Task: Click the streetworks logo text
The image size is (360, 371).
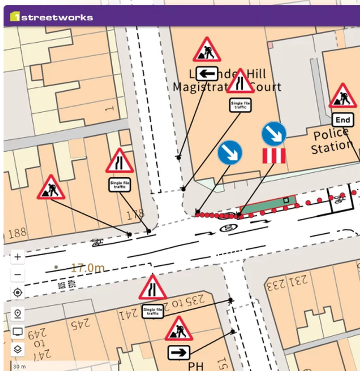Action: [x=57, y=17]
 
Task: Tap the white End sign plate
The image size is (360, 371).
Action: [x=342, y=120]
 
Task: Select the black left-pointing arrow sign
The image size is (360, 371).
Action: [x=207, y=74]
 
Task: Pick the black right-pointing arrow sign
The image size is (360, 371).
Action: [x=179, y=353]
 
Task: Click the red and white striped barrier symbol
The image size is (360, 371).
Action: [x=274, y=156]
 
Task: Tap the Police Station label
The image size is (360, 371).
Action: [x=331, y=141]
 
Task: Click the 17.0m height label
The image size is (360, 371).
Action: [x=87, y=268]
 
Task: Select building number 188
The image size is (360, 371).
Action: [x=17, y=233]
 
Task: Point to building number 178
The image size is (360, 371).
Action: [x=135, y=215]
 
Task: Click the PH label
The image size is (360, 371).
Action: [x=195, y=366]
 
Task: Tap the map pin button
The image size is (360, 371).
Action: [x=18, y=313]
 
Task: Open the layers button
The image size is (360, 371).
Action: [x=18, y=349]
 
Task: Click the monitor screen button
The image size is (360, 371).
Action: [x=18, y=331]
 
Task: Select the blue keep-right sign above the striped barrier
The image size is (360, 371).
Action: [x=274, y=134]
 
